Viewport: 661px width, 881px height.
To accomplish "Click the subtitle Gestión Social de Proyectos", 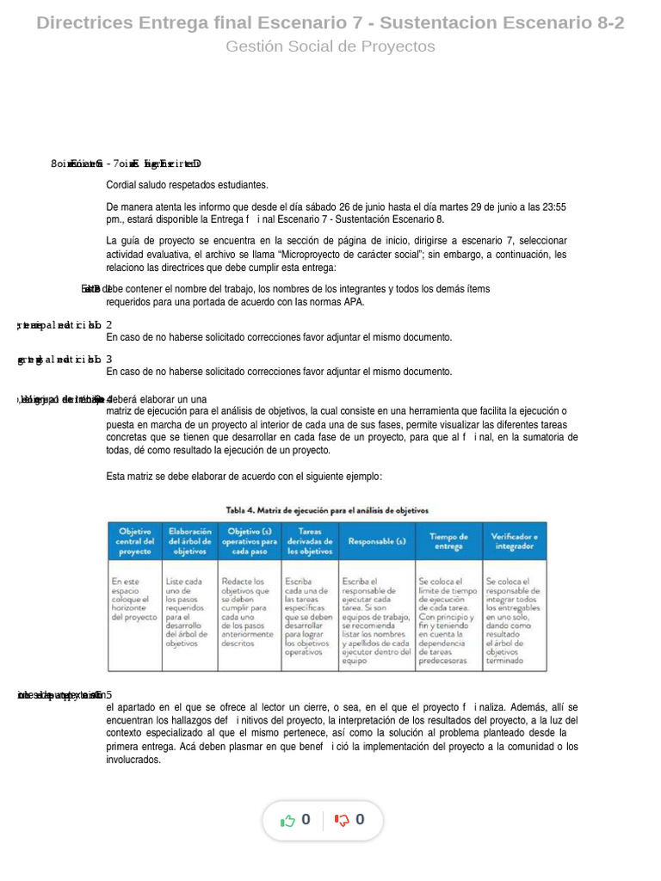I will [330, 46].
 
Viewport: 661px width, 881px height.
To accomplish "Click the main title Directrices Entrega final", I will [330, 23].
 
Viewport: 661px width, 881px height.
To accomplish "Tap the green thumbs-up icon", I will [288, 821].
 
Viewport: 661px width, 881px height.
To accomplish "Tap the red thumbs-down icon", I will [342, 821].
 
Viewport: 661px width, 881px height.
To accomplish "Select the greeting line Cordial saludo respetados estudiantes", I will [187, 185].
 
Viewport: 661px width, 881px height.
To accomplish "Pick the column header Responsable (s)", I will [376, 541].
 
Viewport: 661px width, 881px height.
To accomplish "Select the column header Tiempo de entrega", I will [448, 541].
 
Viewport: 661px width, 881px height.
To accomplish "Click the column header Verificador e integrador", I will [514, 541].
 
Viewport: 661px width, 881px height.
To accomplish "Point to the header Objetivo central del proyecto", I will [134, 541].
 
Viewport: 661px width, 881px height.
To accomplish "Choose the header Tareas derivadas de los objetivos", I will [309, 541].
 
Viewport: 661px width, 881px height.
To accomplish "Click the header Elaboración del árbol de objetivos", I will [189, 541].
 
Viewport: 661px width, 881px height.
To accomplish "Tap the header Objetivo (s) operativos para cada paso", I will [249, 541].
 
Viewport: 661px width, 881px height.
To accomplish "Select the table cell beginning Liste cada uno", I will [188, 612].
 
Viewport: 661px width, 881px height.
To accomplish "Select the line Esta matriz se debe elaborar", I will [244, 477].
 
